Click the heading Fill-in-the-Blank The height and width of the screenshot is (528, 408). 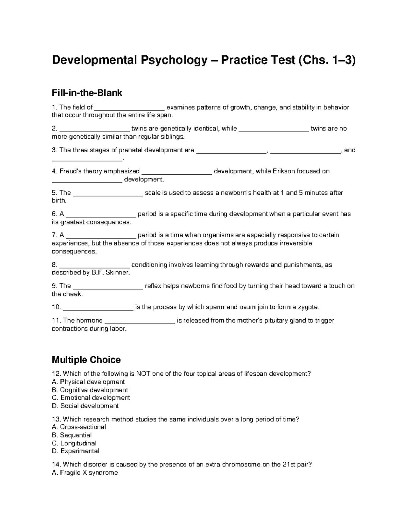tap(87, 93)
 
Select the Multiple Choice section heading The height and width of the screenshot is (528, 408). tap(86, 360)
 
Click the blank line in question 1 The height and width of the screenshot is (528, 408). tap(129, 108)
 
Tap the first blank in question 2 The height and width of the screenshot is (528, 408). tap(95, 129)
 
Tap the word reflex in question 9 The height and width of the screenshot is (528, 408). tap(153, 286)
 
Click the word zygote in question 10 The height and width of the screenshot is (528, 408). tap(308, 307)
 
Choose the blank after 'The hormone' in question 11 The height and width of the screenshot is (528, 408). tap(140, 321)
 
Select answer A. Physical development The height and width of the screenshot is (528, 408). tap(88, 382)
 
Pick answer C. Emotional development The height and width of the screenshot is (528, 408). tap(91, 398)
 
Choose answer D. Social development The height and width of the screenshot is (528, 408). tap(85, 406)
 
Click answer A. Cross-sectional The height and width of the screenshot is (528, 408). tap(79, 427)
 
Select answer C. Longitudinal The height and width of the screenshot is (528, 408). tap(74, 443)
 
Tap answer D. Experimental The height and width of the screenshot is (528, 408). tap(75, 451)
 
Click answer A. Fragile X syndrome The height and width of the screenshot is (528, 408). tap(85, 473)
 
